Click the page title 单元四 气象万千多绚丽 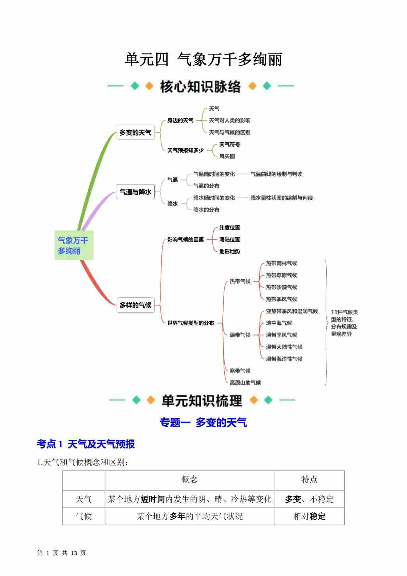click(203, 60)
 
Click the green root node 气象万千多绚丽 click(74, 246)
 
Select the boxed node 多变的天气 click(135, 132)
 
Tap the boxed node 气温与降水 click(135, 192)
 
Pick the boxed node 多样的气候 click(135, 305)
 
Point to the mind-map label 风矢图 click(227, 156)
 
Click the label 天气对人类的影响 click(229, 120)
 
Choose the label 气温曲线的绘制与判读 click(276, 174)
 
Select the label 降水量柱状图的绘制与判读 click(281, 198)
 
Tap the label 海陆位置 click(229, 239)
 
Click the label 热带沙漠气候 click(281, 287)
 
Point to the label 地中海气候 click(279, 323)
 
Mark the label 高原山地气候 click(245, 383)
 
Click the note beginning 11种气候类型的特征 click(344, 323)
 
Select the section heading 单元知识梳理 click(202, 400)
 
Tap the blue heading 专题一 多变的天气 click(203, 423)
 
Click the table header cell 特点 click(309, 479)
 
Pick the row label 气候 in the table click(84, 516)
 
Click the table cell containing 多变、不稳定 click(309, 499)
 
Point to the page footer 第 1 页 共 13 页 click(62, 553)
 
